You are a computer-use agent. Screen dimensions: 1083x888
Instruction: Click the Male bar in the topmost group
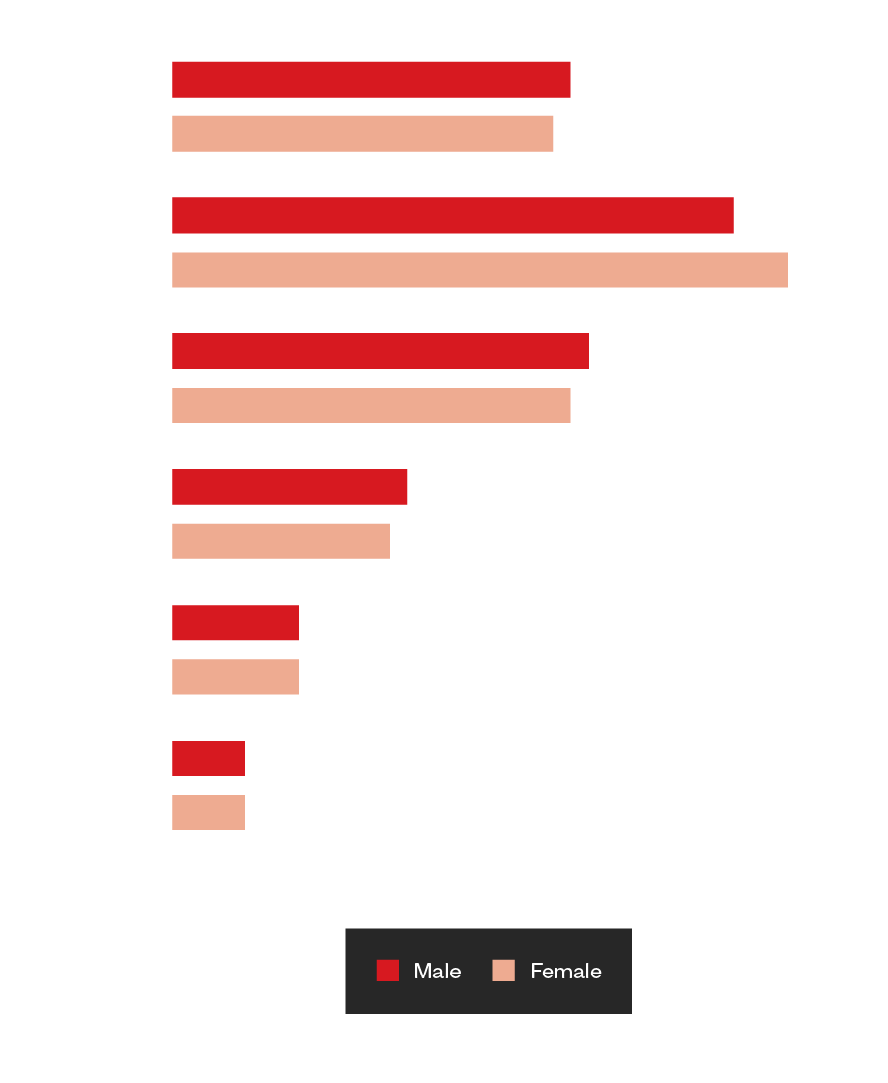coord(371,79)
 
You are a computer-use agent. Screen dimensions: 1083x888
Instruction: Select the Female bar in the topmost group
coord(362,133)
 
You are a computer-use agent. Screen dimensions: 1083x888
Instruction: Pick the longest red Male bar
coord(453,215)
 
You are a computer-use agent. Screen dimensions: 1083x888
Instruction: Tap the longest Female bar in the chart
coord(480,269)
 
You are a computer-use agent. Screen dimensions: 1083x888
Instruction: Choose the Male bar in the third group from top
coord(380,351)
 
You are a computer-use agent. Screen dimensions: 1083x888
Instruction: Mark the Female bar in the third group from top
coord(371,405)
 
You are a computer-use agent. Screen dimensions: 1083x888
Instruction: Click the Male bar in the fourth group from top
coord(290,486)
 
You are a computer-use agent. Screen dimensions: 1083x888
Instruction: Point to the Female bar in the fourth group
coord(280,541)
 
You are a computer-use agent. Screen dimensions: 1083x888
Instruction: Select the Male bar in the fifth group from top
coord(235,622)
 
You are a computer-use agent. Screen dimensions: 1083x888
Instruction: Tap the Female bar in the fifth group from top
coord(235,677)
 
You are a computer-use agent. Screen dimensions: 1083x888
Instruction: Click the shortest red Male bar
coord(208,758)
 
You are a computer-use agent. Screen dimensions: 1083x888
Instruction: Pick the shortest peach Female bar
coord(208,813)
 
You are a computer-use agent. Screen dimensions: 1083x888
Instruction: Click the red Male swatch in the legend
coord(388,971)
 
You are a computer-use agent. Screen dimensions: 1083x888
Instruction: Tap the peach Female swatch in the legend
coord(504,971)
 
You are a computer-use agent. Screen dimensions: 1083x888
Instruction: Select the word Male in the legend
coord(437,972)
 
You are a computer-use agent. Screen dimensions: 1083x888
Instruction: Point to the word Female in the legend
coord(565,972)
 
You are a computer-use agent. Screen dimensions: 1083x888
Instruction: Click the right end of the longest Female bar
coord(785,269)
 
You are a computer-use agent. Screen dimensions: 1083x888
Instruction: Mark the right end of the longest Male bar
coord(731,215)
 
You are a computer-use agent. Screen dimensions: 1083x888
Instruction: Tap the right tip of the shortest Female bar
coord(243,813)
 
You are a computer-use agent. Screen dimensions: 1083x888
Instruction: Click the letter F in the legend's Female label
coord(536,972)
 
